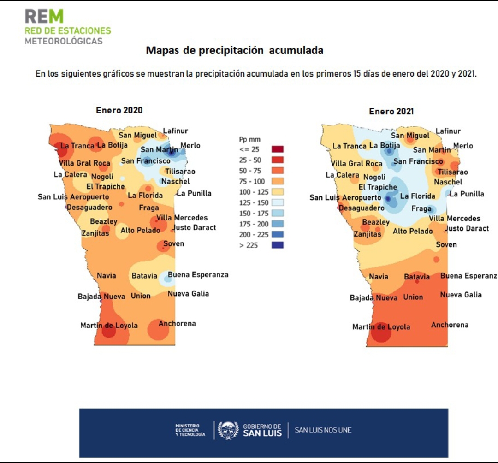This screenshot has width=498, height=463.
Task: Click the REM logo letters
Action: (44, 17)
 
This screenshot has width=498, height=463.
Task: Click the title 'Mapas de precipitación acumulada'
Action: (234, 50)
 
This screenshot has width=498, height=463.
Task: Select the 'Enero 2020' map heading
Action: (119, 110)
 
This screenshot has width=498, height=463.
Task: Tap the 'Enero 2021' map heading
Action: (391, 111)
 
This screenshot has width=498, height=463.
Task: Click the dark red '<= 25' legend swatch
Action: (278, 149)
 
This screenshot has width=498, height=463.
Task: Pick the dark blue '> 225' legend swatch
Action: (278, 245)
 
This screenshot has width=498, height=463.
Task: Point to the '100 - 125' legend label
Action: (252, 192)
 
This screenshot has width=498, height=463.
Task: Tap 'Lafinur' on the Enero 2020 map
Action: (175, 131)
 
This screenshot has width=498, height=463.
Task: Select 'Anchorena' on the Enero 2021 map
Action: (450, 325)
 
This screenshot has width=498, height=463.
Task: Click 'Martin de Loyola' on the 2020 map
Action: (109, 326)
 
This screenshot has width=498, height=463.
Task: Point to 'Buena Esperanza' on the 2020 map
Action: (198, 275)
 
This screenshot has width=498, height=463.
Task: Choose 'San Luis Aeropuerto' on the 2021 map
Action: (345, 197)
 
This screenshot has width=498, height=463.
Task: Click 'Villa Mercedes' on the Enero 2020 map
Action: (182, 218)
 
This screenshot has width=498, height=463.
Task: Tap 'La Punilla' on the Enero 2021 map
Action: (467, 194)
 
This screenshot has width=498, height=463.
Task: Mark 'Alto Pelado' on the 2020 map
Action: (140, 230)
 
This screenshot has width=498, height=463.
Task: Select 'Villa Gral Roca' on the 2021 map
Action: (356, 164)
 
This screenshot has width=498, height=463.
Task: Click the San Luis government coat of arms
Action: (228, 430)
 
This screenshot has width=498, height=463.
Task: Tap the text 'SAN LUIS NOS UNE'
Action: (323, 430)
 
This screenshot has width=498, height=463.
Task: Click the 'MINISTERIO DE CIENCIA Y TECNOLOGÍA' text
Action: (190, 430)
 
